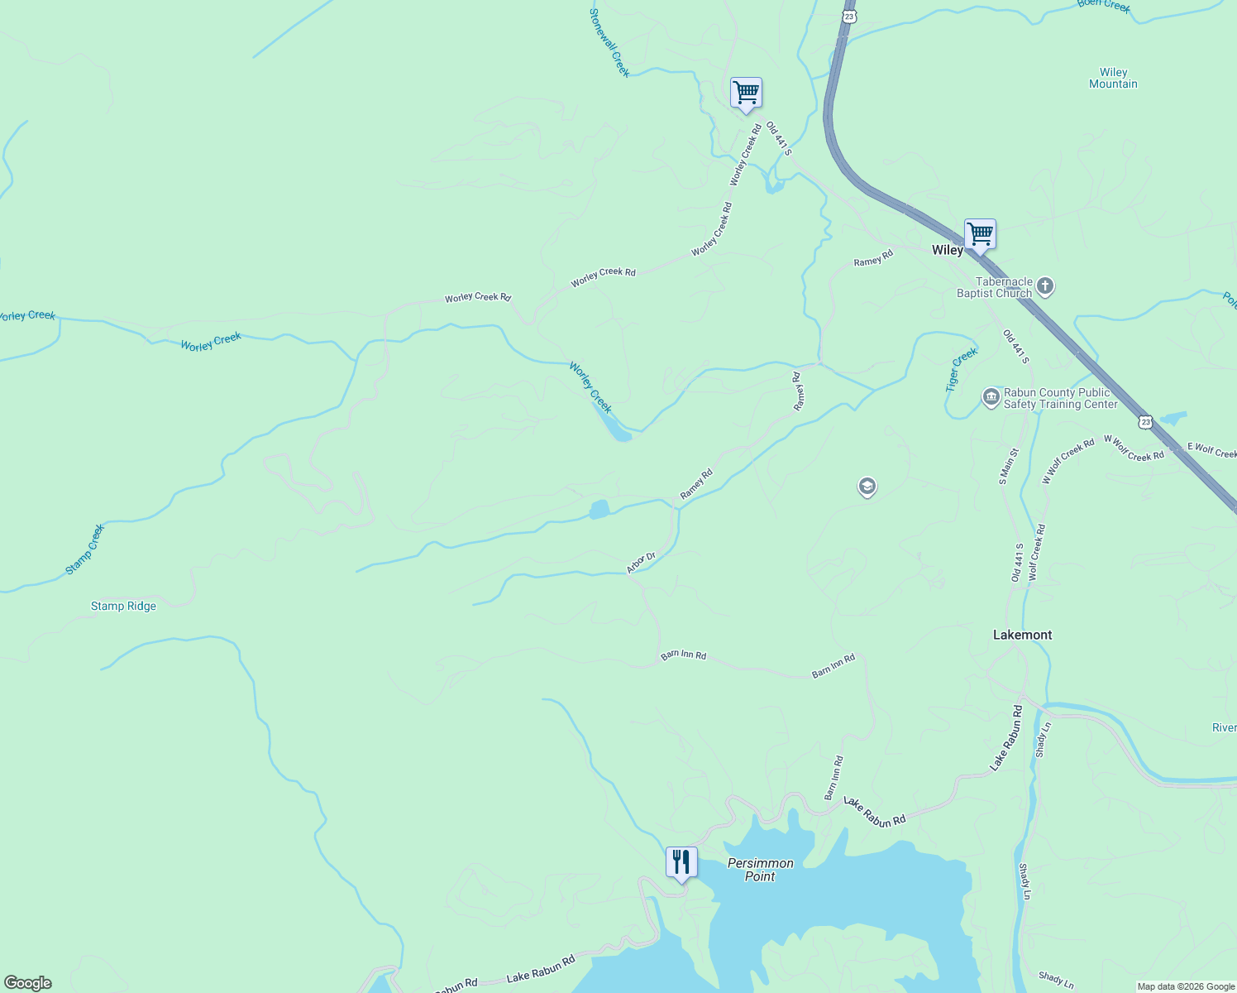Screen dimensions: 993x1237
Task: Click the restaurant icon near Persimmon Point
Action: coord(681,862)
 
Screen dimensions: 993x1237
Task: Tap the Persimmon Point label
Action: coord(760,870)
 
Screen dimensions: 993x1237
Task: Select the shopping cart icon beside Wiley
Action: coord(980,234)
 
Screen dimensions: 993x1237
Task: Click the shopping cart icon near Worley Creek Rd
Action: coord(746,93)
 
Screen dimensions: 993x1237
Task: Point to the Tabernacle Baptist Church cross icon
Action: coord(1045,287)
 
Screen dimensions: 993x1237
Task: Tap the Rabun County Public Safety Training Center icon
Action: coord(991,398)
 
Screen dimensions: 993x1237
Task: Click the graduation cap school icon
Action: coord(867,487)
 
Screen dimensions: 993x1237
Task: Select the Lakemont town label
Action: coord(1022,635)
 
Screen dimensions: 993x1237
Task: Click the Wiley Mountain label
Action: coord(1113,79)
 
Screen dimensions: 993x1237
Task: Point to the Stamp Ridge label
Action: coord(123,607)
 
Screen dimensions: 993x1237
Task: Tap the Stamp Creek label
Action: coord(85,549)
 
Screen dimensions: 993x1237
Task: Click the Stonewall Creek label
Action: coord(609,43)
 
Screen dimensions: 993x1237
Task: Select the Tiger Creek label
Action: coord(961,369)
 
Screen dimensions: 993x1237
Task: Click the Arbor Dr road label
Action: coord(640,563)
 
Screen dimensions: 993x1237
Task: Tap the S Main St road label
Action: coord(1009,466)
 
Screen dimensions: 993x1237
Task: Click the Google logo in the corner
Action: coord(28,983)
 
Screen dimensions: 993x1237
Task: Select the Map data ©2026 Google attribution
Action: coord(1185,986)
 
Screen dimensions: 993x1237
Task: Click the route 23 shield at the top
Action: coord(849,16)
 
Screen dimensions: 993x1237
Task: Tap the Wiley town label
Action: coord(947,251)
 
